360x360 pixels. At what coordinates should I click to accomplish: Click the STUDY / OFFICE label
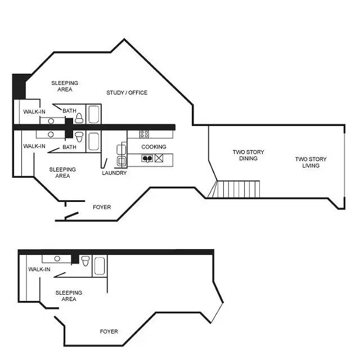pyautogui.click(x=127, y=92)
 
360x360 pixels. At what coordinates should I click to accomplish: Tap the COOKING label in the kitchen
pyautogui.click(x=154, y=147)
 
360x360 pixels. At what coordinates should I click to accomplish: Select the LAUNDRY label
pyautogui.click(x=114, y=173)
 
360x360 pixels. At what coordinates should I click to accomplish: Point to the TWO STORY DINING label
pyautogui.click(x=248, y=155)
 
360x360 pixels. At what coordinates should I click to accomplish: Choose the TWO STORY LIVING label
pyautogui.click(x=310, y=163)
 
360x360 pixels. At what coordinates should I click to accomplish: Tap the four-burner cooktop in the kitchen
pyautogui.click(x=144, y=134)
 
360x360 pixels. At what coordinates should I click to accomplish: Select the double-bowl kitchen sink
pyautogui.click(x=147, y=159)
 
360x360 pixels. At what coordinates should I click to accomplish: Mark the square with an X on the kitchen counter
pyautogui.click(x=159, y=158)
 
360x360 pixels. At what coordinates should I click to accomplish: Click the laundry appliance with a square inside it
pyautogui.click(x=121, y=161)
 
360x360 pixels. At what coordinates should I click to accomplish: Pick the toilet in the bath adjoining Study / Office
pyautogui.click(x=79, y=118)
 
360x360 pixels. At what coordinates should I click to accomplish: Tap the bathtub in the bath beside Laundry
pyautogui.click(x=94, y=141)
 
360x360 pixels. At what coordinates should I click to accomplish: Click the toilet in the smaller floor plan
pyautogui.click(x=85, y=261)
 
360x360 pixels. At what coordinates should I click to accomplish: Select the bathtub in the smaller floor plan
pyautogui.click(x=100, y=266)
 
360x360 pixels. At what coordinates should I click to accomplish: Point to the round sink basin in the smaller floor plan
pyautogui.click(x=57, y=259)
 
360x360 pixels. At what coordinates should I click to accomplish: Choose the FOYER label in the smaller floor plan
pyautogui.click(x=109, y=331)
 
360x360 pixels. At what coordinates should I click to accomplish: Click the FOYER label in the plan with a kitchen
pyautogui.click(x=102, y=207)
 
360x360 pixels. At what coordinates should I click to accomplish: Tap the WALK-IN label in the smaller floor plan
pyautogui.click(x=39, y=269)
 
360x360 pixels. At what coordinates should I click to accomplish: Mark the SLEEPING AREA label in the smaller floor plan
pyautogui.click(x=69, y=296)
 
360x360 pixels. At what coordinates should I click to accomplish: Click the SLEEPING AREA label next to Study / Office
pyautogui.click(x=65, y=86)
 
